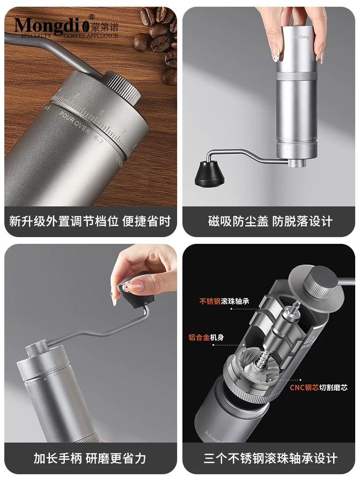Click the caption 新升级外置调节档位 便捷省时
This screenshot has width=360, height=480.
click(x=90, y=221)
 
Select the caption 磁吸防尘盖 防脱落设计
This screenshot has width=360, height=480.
click(x=270, y=221)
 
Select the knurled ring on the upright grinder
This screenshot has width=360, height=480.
click(x=296, y=77)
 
